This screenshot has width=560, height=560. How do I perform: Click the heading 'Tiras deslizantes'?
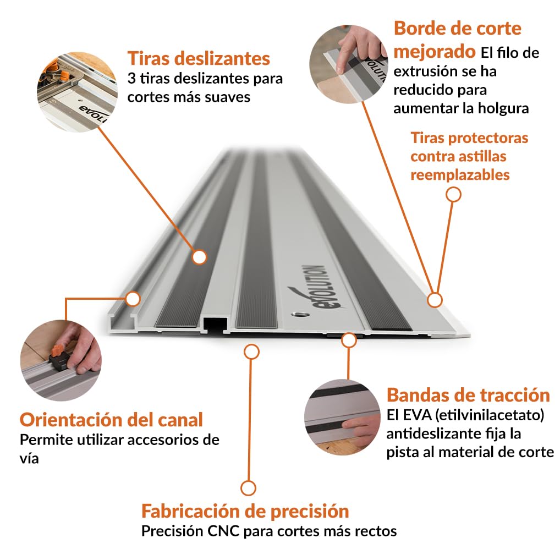tap(199, 58)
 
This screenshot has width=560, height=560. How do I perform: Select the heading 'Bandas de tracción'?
tap(468, 395)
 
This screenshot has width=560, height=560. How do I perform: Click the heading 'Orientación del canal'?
tap(111, 420)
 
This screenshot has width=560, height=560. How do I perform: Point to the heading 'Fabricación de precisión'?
tap(245, 510)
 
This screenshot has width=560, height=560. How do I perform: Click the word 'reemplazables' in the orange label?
tap(460, 175)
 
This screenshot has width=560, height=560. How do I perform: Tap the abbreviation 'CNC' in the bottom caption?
tap(223, 531)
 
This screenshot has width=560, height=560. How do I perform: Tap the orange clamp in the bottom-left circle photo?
tap(57, 350)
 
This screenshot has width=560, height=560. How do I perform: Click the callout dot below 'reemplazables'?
tap(454, 195)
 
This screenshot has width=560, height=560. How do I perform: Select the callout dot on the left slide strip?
tap(199, 257)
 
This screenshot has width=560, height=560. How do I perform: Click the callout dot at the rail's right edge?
tap(435, 300)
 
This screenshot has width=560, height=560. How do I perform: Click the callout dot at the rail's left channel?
tap(133, 299)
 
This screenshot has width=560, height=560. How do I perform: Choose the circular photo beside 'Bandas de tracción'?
tap(342, 417)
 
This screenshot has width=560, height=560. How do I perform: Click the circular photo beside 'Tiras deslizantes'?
tap(77, 92)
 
